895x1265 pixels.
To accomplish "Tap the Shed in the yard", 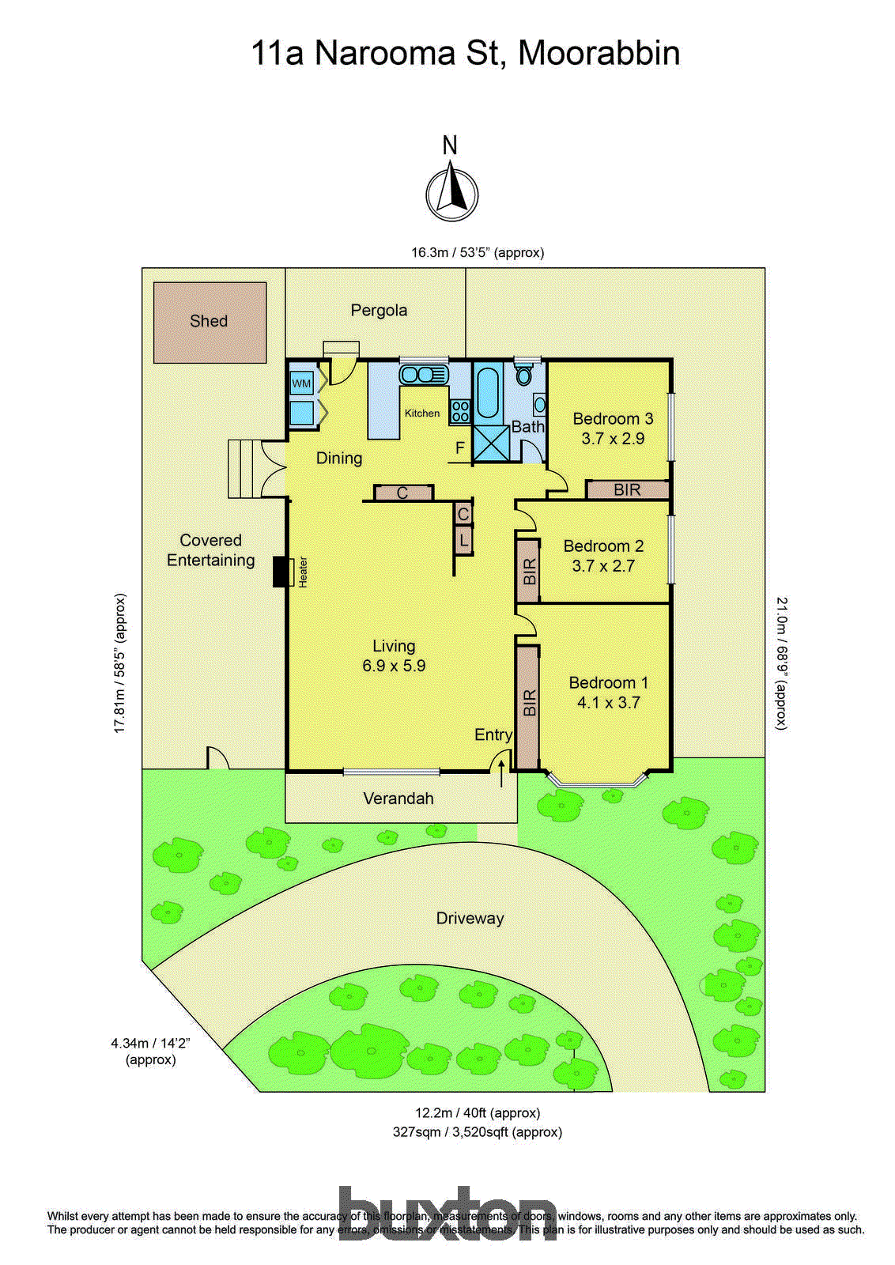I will coord(210,322).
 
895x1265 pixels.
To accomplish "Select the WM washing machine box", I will coord(301,384).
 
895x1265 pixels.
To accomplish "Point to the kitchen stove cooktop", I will coord(460,411).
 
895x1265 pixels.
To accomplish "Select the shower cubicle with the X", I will coord(492,444).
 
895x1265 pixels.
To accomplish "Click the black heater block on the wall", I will coord(280,572).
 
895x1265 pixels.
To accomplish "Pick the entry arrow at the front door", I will coord(501,773).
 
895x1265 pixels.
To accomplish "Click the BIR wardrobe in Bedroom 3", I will coord(627,490).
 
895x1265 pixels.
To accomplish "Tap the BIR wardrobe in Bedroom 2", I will coord(528,571).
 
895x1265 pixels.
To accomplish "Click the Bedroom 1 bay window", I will coord(597,782).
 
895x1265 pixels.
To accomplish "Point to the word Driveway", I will coord(470,919).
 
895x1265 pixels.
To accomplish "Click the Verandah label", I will coord(398,799).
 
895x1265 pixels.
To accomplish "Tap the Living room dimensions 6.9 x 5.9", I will coord(394,666).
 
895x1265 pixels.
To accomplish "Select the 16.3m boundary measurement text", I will coord(477,253).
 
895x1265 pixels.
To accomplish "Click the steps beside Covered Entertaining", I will coord(244,469).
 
